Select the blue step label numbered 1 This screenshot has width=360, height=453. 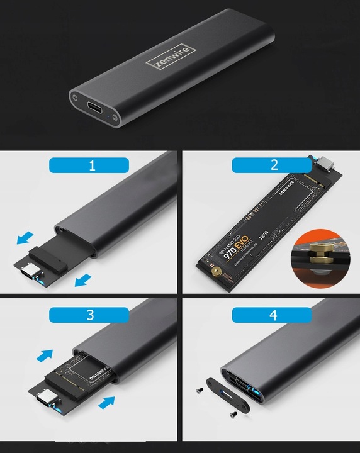point(89,165)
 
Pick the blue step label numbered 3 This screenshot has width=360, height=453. point(89,315)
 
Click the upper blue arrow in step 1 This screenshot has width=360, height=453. point(25,238)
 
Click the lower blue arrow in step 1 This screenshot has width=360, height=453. point(82,279)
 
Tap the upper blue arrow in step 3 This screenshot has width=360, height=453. point(45,356)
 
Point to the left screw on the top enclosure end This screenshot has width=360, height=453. point(76,98)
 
